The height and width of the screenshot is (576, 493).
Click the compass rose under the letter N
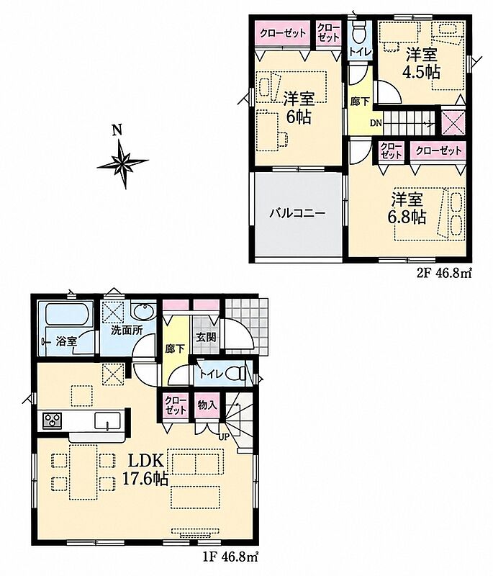[x=122, y=161]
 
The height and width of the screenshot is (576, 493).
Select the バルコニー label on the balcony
[x=298, y=213]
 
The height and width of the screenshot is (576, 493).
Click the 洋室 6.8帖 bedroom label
[x=407, y=208]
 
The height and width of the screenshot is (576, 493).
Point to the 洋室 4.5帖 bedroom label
[x=422, y=64]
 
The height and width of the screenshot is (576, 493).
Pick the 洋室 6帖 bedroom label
[x=299, y=108]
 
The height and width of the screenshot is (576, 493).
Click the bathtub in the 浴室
[x=66, y=314]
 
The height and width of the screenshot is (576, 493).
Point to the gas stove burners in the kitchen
[x=53, y=420]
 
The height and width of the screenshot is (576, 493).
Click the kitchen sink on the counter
[x=107, y=420]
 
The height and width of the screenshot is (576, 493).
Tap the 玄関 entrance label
[x=206, y=337]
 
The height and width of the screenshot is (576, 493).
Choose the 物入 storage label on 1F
[x=207, y=405]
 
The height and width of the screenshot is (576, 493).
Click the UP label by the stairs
[x=224, y=438]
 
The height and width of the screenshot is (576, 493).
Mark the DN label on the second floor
[x=376, y=123]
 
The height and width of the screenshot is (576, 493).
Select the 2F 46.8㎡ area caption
[x=443, y=273]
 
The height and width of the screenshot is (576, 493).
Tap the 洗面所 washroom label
[x=127, y=330]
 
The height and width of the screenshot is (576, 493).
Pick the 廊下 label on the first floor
[x=175, y=348]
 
